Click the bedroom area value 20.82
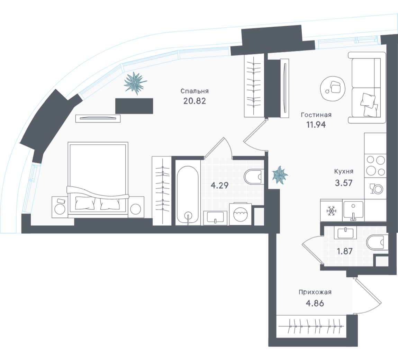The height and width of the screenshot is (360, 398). [x=194, y=101]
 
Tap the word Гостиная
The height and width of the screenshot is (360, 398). [x=316, y=115]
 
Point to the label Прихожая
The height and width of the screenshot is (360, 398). [x=315, y=292]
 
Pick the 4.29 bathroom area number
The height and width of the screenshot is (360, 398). [x=220, y=185]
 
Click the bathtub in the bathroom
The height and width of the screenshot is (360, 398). [x=188, y=196]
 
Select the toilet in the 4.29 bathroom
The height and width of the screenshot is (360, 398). [x=254, y=177]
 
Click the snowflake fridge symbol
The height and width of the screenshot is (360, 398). [x=331, y=211]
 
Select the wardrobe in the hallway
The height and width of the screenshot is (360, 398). [x=311, y=326]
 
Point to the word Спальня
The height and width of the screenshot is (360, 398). [x=195, y=91]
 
